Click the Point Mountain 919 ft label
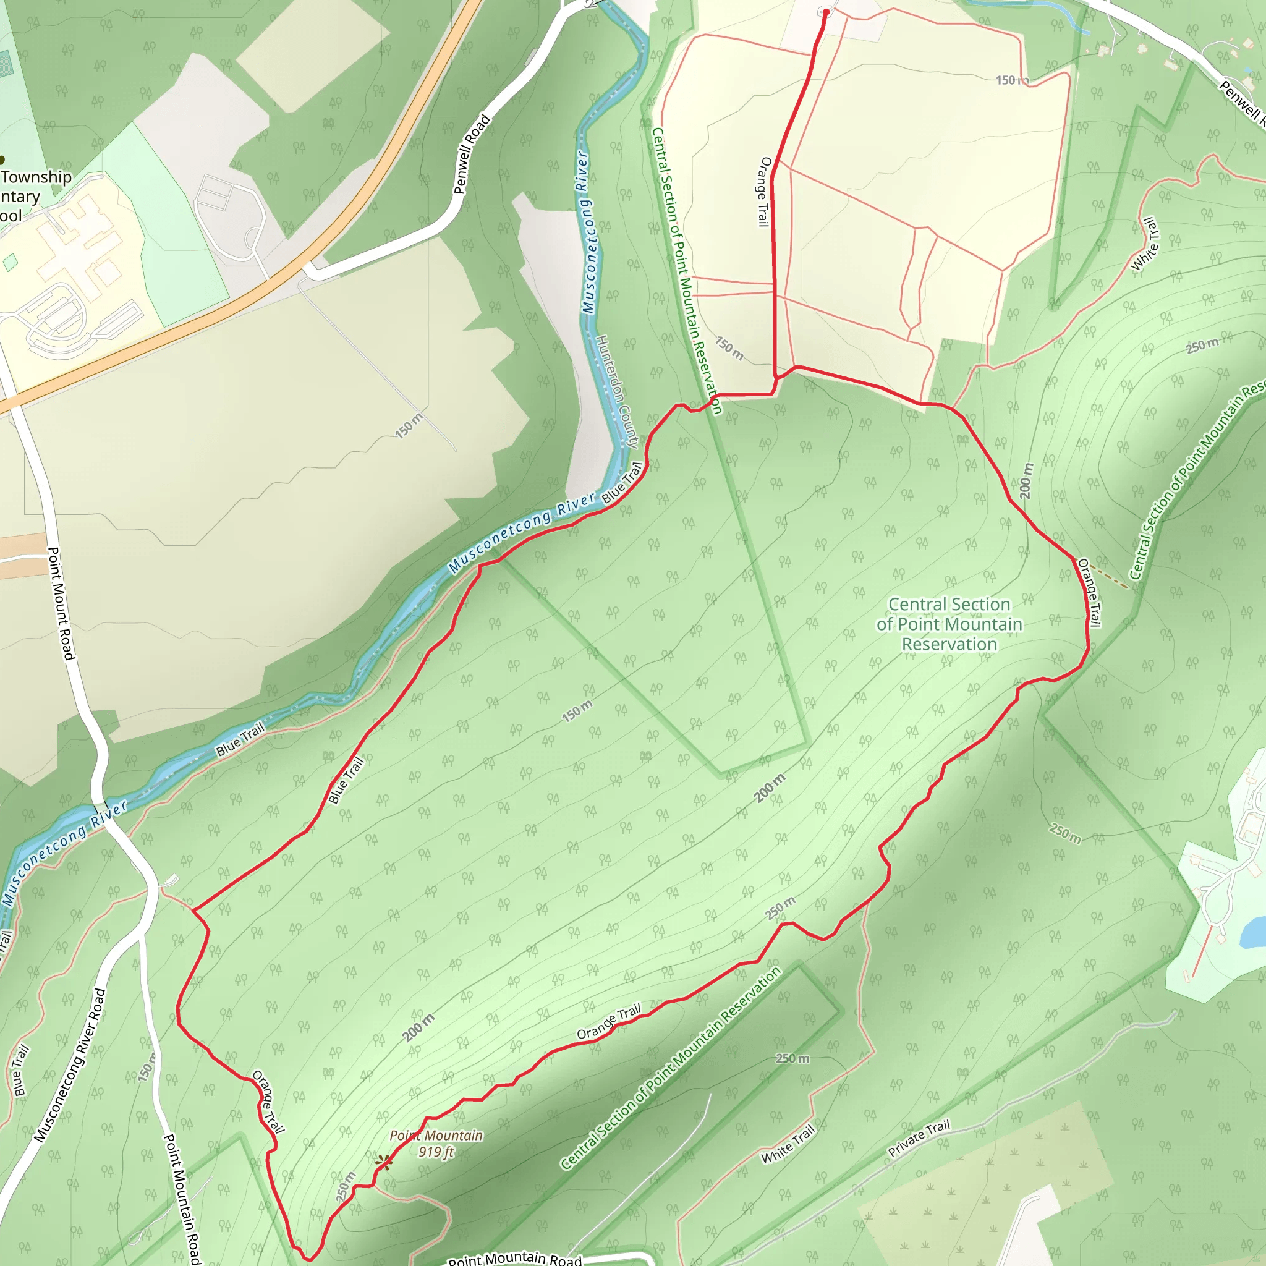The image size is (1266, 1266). point(436,1144)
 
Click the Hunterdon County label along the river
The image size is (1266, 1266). point(616,392)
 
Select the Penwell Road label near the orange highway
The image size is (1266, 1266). point(472,155)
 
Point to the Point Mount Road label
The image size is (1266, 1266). point(61,603)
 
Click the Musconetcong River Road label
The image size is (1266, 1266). point(70,1065)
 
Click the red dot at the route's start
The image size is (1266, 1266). point(826,12)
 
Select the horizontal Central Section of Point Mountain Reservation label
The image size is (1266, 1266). point(949,624)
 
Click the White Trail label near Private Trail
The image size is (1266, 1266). point(788,1144)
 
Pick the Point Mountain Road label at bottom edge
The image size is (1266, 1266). point(514,1257)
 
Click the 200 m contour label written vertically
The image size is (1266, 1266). point(1026,480)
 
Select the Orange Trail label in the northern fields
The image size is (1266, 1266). point(764,192)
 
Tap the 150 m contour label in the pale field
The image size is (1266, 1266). point(409,425)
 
